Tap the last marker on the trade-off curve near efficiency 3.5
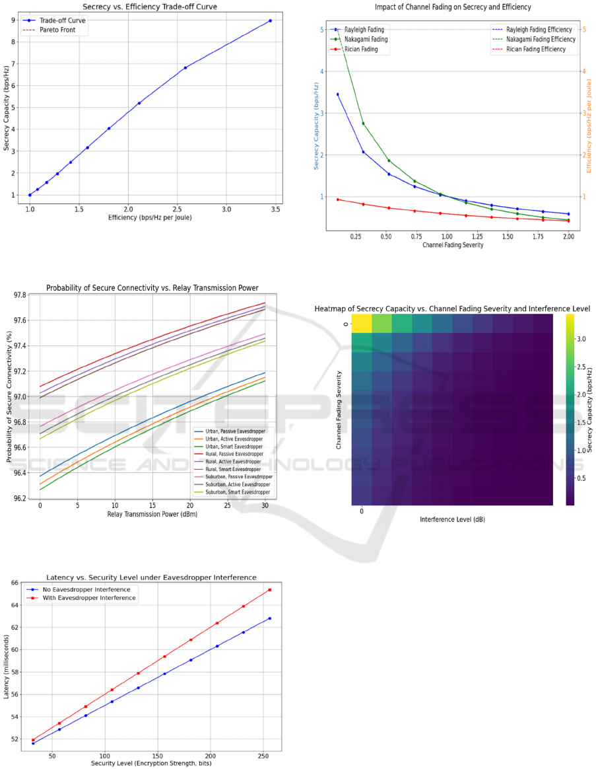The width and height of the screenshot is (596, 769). point(271,20)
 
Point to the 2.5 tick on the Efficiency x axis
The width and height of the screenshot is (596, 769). point(178,209)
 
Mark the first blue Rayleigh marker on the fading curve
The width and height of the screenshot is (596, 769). point(338,94)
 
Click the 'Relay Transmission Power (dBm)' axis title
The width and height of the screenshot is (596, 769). point(151,513)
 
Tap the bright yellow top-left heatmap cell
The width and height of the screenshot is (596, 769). point(362,323)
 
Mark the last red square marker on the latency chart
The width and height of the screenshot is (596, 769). point(269,589)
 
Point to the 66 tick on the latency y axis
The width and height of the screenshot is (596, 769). point(14,583)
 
